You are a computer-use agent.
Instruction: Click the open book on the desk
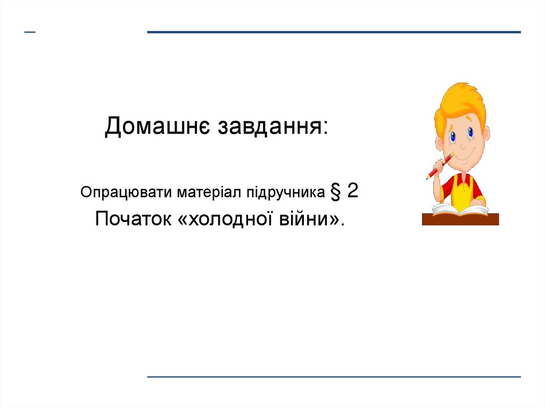[459, 209]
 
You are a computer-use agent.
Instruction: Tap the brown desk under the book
[460, 219]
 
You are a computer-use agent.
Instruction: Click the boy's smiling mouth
[463, 157]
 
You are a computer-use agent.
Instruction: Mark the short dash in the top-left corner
[30, 32]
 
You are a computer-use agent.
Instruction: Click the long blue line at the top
[334, 32]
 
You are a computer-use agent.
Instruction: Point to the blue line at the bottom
[334, 377]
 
